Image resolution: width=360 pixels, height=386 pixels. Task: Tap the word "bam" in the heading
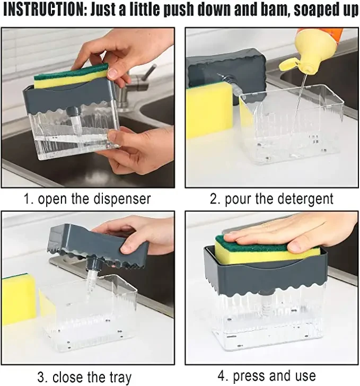pos(273,11)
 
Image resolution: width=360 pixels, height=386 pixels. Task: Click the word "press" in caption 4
pos(249,376)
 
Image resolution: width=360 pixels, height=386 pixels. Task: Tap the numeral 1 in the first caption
pos(28,199)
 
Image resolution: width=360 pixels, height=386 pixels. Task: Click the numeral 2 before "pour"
pos(215,199)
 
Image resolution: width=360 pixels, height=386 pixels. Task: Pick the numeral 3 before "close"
pos(42,377)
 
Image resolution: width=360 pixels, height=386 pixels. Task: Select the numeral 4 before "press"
pos(222,376)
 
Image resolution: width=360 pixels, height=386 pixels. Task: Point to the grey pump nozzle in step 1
pos(72,111)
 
